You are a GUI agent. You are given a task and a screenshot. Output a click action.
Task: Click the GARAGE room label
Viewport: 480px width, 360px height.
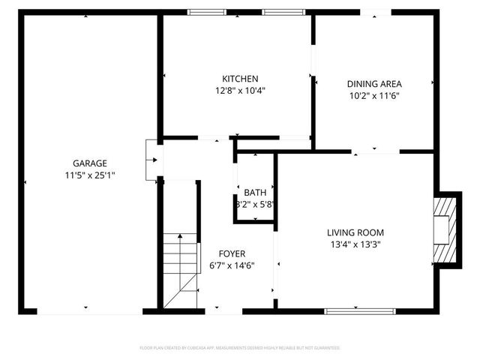tap(89, 163)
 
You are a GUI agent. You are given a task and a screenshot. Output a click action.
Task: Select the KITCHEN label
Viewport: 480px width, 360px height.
tap(240, 79)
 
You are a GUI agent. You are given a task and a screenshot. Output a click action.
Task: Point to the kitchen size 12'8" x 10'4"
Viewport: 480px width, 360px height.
tap(240, 90)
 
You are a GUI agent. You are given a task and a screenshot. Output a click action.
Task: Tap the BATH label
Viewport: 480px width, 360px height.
tap(254, 193)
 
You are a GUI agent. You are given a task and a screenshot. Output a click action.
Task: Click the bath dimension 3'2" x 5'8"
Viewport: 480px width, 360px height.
tap(255, 203)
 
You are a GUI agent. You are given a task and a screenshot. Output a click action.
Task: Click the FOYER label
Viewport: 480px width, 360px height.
tap(232, 253)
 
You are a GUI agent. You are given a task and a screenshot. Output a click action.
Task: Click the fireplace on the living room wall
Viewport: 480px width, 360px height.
tap(445, 229)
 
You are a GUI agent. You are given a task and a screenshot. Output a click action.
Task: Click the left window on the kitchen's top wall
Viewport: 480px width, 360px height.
tap(205, 12)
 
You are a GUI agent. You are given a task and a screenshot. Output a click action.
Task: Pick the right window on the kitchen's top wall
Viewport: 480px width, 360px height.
tap(279, 12)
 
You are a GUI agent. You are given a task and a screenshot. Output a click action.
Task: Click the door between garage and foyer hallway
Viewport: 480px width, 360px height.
tap(151, 159)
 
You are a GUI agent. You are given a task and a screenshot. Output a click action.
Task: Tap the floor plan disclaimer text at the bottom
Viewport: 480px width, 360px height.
tap(240, 348)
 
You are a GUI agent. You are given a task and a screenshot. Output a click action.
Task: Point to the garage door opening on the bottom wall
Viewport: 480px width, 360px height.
tap(88, 310)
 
